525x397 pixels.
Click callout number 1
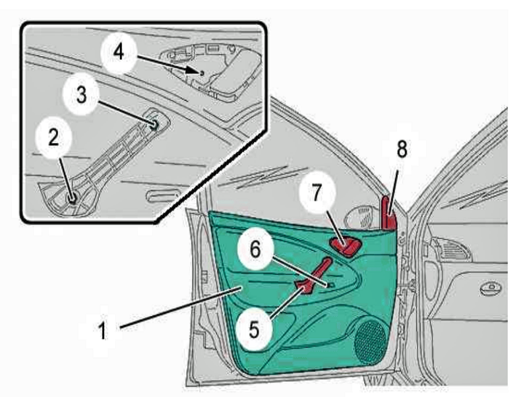pos(102,330)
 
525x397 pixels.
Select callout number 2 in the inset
pos(53,138)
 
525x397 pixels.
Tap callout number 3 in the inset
pos(81,96)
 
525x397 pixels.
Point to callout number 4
pos(119,53)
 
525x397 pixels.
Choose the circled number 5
pos(253,330)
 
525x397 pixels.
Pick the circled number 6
pos(255,249)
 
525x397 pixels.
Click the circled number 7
pos(317,193)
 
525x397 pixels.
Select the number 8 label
pos(402,149)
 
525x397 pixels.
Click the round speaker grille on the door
pos(370,342)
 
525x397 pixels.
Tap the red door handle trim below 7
pos(346,245)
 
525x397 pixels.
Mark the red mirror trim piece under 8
pos(388,214)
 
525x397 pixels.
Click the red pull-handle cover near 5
pos(313,276)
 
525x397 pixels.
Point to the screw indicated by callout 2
pos(73,198)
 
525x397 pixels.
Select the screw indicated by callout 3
pos(154,125)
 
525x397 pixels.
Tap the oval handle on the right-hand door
pos(491,288)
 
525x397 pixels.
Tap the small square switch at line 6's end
pos(330,285)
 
